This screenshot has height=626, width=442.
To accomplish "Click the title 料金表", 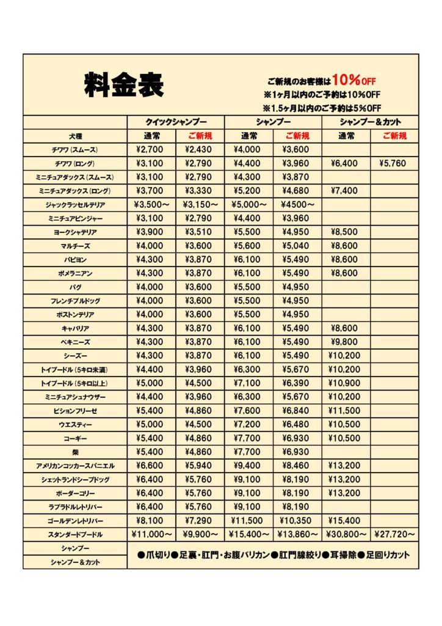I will coord(124,84).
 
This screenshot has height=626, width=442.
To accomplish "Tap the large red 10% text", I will coord(346,79).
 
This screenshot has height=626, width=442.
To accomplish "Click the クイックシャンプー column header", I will coord(176,122).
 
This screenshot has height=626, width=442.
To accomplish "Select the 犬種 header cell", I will coord(75,136).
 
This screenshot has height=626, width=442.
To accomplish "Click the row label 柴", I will coord(75,452).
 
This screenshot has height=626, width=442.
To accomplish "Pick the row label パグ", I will coord(75,287).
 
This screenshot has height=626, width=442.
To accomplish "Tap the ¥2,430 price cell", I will coord(200,150).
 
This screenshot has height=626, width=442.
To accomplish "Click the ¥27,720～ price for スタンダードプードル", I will coord(394,534).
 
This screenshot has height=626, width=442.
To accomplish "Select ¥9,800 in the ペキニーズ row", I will coord(346,342).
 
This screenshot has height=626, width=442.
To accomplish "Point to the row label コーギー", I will coord(75,438).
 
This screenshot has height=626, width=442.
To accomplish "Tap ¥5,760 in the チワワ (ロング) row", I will coord(394,163).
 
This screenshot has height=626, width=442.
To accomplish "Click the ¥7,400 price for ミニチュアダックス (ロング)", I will coord(346,191).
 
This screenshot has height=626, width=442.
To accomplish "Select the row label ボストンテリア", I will coord(75,314).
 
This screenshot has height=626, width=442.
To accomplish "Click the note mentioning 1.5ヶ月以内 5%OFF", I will coord(321,108).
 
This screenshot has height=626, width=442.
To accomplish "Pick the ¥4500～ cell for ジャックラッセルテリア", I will coord(297,204).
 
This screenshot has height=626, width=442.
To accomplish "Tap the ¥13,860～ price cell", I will coord(297,534).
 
